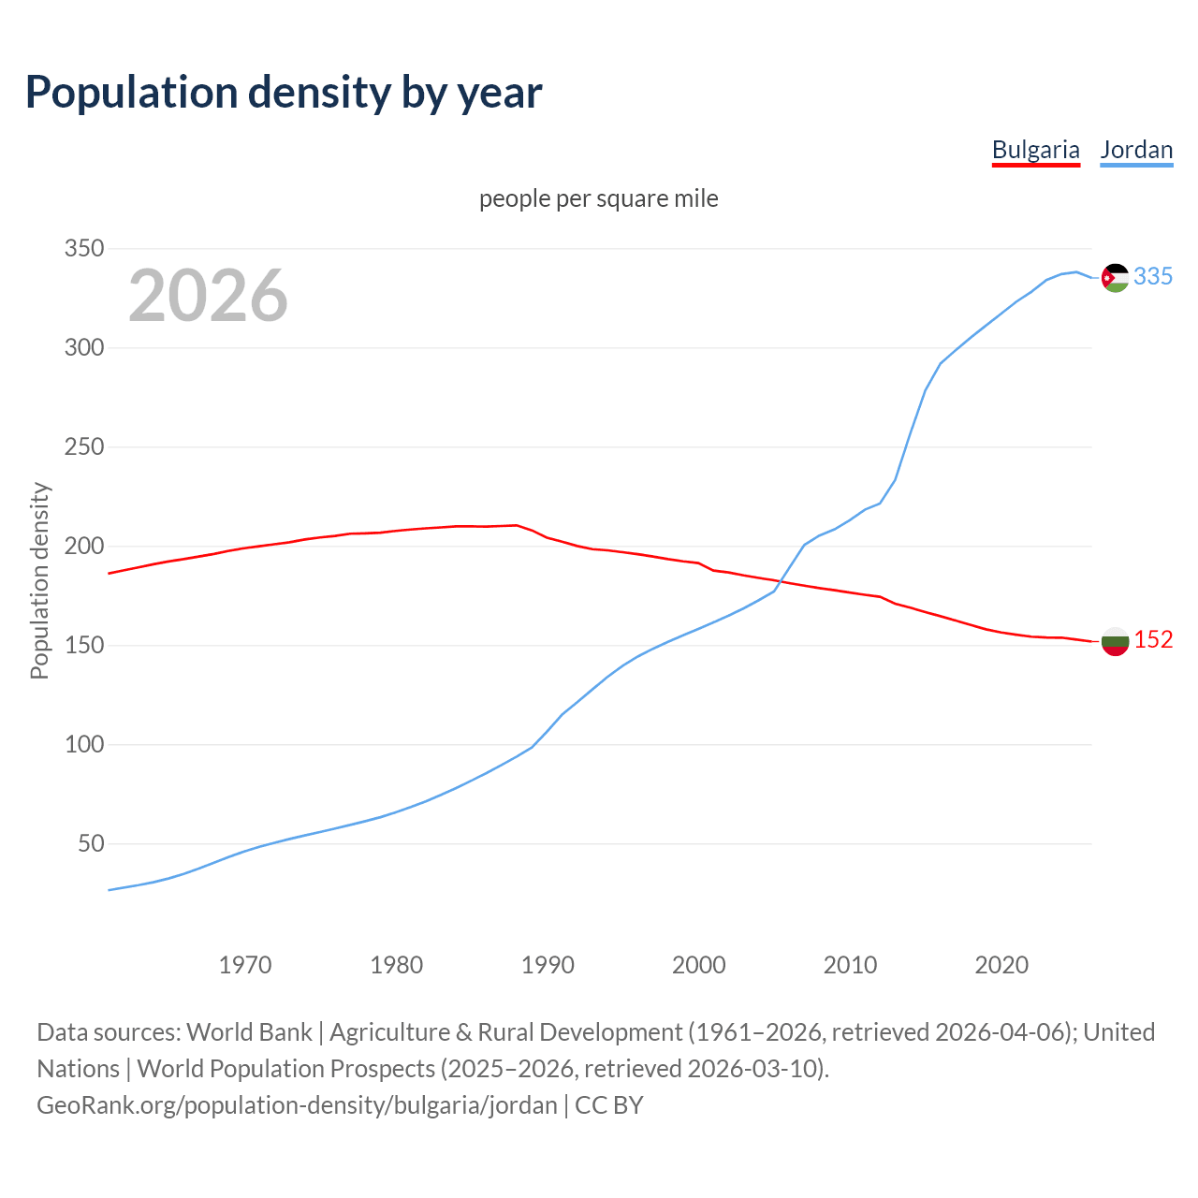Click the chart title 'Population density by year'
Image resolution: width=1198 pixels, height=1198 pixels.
[x=284, y=92]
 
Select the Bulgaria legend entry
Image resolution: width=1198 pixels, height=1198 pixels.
[x=1035, y=150]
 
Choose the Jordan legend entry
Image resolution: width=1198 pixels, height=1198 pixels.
[x=1136, y=150]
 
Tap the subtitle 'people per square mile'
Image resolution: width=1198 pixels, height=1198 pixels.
[x=599, y=199]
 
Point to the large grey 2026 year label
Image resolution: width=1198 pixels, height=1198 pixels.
[x=208, y=296]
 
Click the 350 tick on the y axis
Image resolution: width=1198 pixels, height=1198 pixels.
[x=83, y=249]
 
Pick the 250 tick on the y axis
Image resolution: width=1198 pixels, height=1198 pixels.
[x=83, y=447]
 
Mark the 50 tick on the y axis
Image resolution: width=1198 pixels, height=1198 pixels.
[x=91, y=844]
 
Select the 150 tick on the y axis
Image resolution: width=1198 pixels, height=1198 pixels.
[x=83, y=646]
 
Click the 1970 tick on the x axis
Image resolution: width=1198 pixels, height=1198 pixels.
[x=245, y=965]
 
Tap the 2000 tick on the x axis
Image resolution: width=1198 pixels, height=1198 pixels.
[x=699, y=965]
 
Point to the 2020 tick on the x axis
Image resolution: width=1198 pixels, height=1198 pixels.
[x=1001, y=965]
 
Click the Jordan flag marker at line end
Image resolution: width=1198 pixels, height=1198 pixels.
[x=1115, y=277]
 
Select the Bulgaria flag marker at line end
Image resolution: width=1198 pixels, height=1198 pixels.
[x=1115, y=641]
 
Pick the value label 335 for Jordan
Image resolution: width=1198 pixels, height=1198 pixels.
[x=1153, y=277]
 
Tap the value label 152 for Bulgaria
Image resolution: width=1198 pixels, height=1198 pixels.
[x=1153, y=640]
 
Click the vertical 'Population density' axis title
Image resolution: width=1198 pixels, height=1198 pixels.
[x=39, y=580]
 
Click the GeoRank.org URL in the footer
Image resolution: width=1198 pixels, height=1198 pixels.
[x=297, y=1105]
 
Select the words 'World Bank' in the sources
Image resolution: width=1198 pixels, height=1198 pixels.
[x=249, y=1032]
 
